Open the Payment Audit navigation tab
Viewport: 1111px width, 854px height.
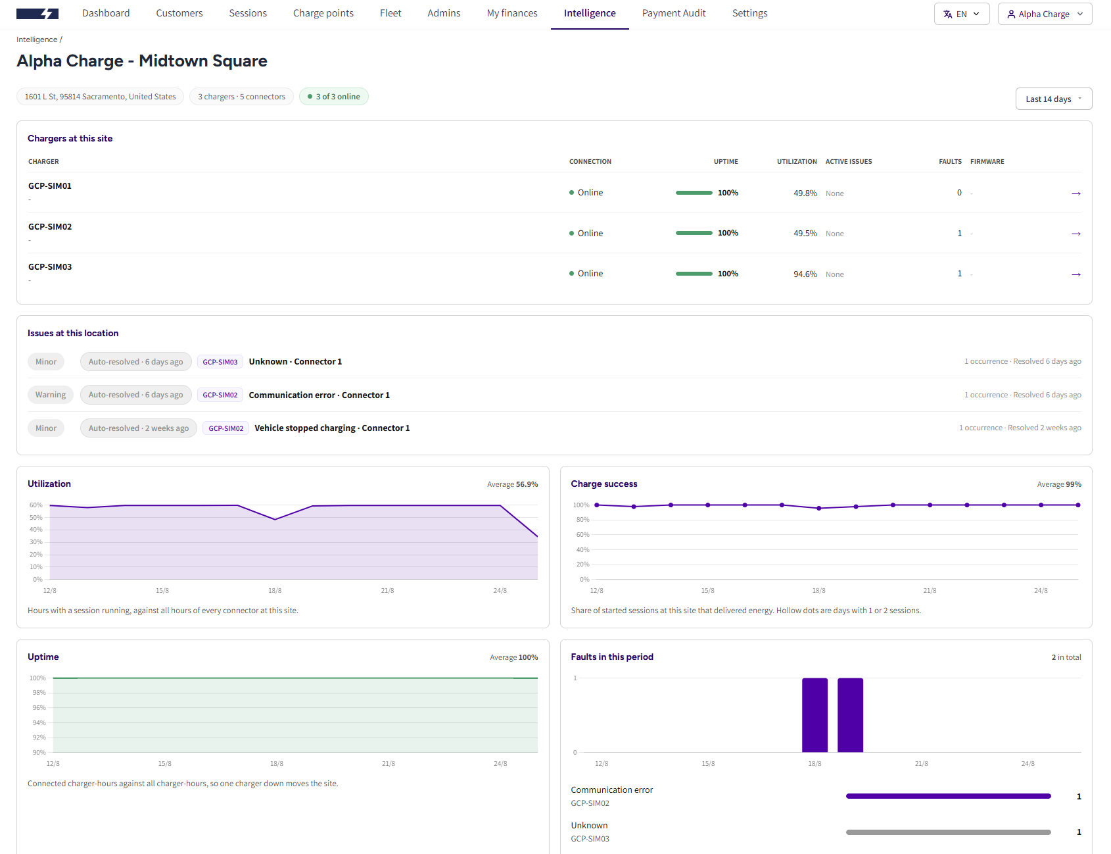[x=674, y=13]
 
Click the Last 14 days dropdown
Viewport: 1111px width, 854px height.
[x=1054, y=99]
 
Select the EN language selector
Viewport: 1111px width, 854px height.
[x=962, y=14]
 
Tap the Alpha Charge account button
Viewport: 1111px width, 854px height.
[x=1045, y=14]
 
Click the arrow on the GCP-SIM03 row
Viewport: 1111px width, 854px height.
[x=1076, y=274]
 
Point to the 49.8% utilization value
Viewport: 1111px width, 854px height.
[x=805, y=193]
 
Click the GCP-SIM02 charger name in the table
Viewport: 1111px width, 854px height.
[x=50, y=227]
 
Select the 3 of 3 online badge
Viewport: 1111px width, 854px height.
[x=334, y=97]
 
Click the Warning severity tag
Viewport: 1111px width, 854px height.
[x=51, y=395]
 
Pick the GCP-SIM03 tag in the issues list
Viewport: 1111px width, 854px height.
[x=220, y=362]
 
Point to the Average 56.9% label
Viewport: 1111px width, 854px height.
[x=513, y=484]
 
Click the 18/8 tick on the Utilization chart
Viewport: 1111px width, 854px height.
[x=275, y=591]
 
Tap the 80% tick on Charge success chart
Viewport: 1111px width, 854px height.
[x=583, y=520]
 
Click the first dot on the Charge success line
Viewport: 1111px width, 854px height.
[x=597, y=505]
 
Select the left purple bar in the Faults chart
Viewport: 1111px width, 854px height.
[x=815, y=715]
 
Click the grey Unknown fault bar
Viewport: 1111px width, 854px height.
[x=949, y=832]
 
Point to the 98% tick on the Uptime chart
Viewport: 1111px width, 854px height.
[x=39, y=693]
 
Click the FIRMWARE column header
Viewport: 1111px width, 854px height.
[x=987, y=162]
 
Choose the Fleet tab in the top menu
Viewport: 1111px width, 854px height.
[x=390, y=13]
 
